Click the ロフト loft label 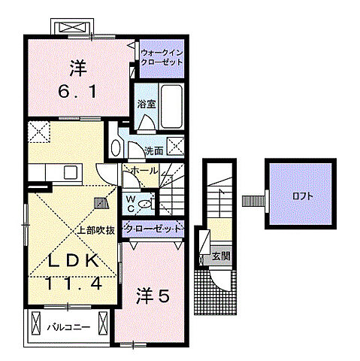click(x=303, y=196)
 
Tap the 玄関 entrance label click(x=221, y=256)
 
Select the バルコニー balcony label click(x=68, y=327)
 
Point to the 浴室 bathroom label click(x=147, y=104)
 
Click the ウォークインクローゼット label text click(x=162, y=57)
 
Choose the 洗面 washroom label click(x=154, y=150)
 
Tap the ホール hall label click(x=144, y=171)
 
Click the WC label click(x=131, y=204)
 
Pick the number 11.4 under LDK click(x=74, y=284)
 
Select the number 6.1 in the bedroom click(x=77, y=92)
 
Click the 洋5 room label click(x=153, y=296)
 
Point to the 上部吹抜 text click(x=95, y=230)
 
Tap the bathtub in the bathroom click(x=171, y=106)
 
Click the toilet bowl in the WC click(x=144, y=204)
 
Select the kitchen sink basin click(x=71, y=172)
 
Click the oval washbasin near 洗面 click(x=116, y=148)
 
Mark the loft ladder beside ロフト click(x=253, y=201)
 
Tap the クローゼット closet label click(x=153, y=229)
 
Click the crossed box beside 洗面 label click(x=176, y=145)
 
